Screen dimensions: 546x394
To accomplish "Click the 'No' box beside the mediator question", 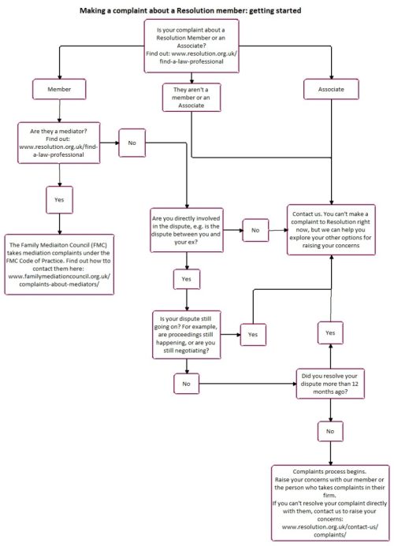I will pyautogui.click(x=130, y=144).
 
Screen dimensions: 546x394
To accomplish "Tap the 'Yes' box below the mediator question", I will pyautogui.click(x=58, y=200).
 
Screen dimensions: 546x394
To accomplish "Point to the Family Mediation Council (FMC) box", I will pyautogui.click(x=60, y=264).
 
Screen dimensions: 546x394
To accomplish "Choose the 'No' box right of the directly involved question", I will pyautogui.click(x=255, y=230).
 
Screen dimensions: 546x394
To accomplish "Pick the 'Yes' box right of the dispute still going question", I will pyautogui.click(x=253, y=335).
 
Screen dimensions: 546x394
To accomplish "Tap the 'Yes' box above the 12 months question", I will pyautogui.click(x=330, y=334).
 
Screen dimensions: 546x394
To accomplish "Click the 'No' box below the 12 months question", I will pyautogui.click(x=330, y=431).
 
